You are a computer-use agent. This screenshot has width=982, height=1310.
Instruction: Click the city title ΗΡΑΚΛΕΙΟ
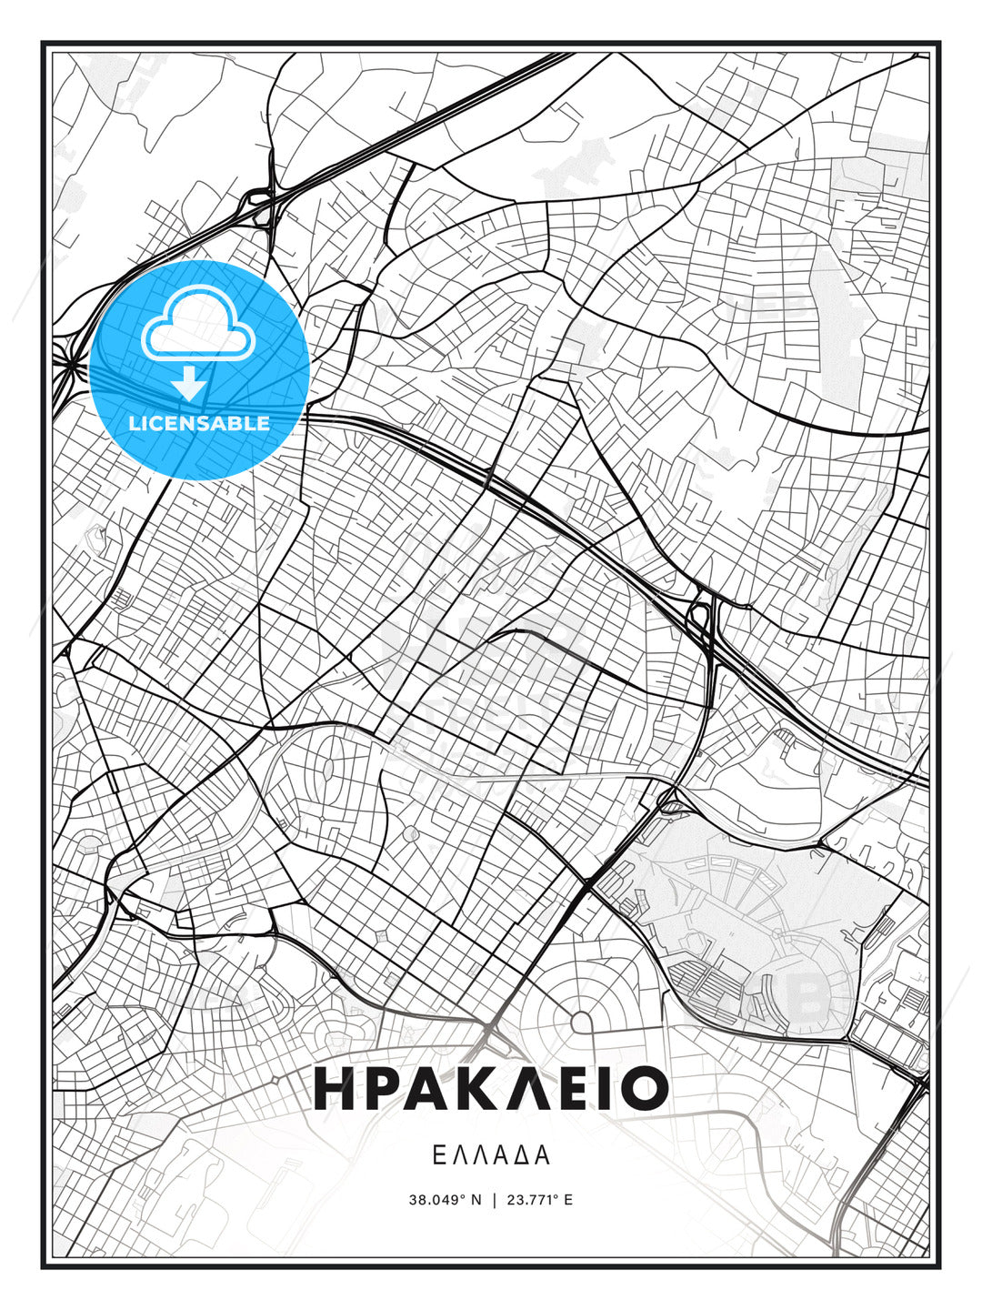pos(491,1088)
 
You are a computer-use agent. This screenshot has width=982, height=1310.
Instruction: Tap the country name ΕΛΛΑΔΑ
pos(491,1155)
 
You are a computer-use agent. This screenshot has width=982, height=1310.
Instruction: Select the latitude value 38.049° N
pos(445,1200)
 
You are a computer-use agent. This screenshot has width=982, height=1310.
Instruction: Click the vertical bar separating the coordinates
pos(494,1200)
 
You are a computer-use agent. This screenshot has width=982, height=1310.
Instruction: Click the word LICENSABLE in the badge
pos(199,423)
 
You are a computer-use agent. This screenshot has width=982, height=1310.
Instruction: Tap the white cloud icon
pos(197,325)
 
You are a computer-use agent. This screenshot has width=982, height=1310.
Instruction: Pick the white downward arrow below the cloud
pos(189,382)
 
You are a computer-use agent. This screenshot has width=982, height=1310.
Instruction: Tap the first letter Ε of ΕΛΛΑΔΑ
pos(438,1155)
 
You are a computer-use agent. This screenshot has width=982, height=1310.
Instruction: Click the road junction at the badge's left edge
pos(69,364)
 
